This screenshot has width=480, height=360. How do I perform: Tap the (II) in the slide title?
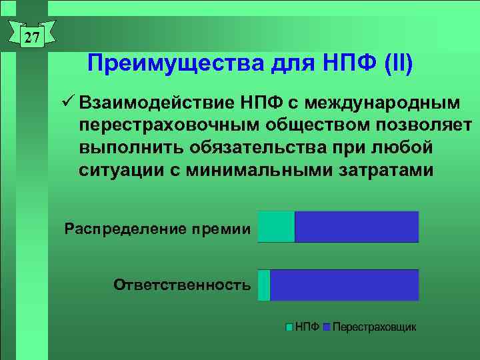point(399,65)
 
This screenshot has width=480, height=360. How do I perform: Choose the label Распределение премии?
point(157,229)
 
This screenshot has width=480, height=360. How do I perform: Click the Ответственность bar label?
point(182,285)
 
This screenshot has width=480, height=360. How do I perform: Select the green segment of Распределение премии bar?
point(275,227)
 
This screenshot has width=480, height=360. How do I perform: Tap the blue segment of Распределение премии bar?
point(356,227)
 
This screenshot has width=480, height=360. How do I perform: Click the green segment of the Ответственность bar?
point(264,285)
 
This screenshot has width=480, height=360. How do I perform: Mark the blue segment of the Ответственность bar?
point(344,285)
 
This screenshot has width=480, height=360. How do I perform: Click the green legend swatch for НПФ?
point(289,327)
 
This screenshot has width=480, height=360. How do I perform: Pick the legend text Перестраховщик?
point(374,327)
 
